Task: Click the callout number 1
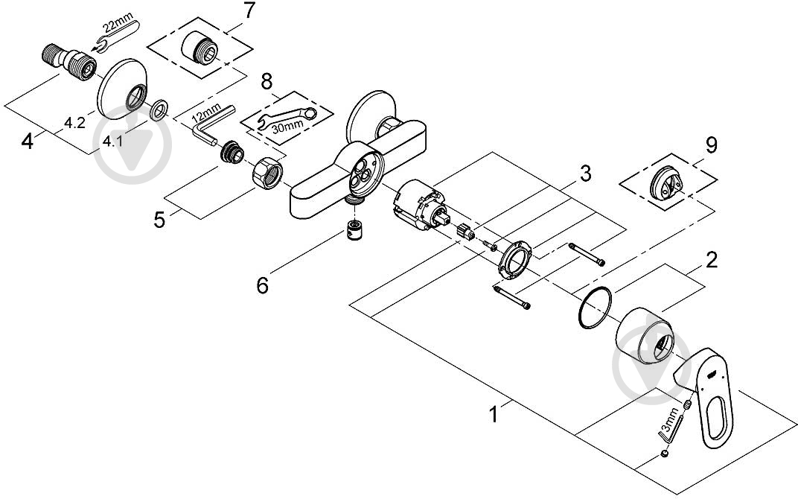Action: pyautogui.click(x=493, y=412)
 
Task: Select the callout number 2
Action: pyautogui.click(x=711, y=260)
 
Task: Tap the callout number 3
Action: pyautogui.click(x=586, y=174)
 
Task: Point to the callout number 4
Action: pyautogui.click(x=28, y=141)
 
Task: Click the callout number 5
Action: pyautogui.click(x=159, y=220)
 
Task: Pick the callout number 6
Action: pyautogui.click(x=262, y=285)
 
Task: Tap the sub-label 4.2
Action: pyautogui.click(x=74, y=124)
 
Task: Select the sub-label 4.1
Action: pyautogui.click(x=112, y=142)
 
